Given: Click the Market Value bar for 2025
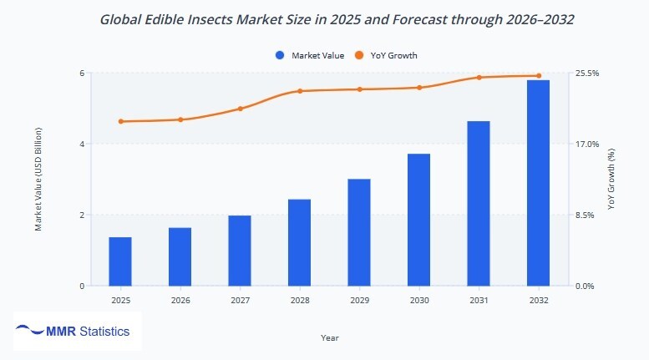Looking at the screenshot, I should (x=120, y=261).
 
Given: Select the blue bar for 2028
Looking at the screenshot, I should (x=299, y=242).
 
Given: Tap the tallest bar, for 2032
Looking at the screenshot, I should (x=538, y=183).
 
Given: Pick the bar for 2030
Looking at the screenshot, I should (x=418, y=220).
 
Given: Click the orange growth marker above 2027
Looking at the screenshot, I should (x=240, y=109).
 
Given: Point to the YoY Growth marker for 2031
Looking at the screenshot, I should (x=479, y=78).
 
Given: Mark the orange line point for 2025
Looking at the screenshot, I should (x=120, y=122).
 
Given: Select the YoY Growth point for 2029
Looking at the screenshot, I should (x=359, y=89).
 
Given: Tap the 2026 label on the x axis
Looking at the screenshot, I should (x=180, y=300).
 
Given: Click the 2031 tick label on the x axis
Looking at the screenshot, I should (x=479, y=300).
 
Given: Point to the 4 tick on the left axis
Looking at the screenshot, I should (x=81, y=144).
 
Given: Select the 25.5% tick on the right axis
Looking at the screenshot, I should (x=588, y=74).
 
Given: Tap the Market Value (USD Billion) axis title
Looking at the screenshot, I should (x=38, y=180).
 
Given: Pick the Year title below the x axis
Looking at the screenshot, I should (x=329, y=337).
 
